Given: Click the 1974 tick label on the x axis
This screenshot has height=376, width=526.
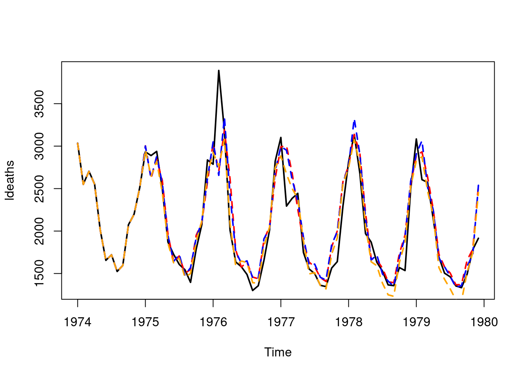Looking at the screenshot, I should point(77,322).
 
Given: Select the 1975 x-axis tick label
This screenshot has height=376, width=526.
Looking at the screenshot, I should point(145,322).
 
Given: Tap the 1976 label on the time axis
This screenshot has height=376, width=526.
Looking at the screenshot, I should point(213,322).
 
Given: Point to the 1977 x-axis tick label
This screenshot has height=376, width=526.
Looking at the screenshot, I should point(281,322).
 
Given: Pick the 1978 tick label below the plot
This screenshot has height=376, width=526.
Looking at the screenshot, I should point(348,322).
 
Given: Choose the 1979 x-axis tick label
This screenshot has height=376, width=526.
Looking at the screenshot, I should point(416,322).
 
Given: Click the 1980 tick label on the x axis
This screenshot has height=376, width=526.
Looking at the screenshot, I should point(484,322).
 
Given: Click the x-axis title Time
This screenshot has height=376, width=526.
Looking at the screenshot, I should point(278,352).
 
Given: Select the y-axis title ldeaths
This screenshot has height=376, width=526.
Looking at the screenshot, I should point(10,180).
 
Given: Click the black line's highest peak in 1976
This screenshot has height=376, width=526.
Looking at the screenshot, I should point(219,70).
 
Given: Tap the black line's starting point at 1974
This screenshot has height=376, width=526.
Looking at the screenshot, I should point(77,143).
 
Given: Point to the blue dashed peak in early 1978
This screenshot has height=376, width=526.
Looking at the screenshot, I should point(354,121).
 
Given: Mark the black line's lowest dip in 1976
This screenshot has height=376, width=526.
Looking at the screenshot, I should point(253,290).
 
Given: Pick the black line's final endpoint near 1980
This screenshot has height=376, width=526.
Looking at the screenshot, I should point(478,238).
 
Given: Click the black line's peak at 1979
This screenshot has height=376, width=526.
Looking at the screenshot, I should point(416,139).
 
